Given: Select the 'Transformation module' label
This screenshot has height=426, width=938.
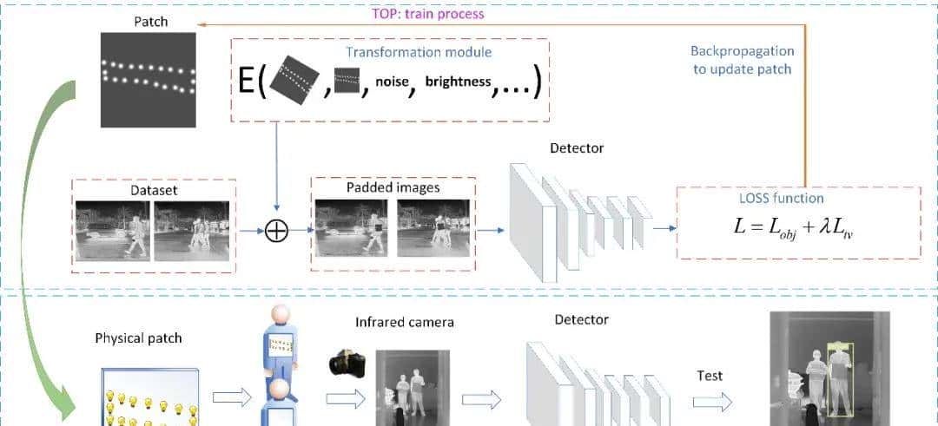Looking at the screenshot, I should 419,52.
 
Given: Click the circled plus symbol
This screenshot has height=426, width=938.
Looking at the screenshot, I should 276,231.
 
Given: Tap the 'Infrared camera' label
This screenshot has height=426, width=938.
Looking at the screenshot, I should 405,323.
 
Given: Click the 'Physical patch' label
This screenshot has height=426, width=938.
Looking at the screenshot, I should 138,337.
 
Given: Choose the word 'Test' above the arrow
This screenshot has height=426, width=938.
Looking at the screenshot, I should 710,376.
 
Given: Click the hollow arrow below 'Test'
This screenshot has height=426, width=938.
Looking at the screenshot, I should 711,403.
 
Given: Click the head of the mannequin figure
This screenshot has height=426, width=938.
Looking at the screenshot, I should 280,318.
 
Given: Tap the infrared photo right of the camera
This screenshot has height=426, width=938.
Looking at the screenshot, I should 413,387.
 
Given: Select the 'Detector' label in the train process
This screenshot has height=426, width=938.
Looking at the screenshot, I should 577,148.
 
